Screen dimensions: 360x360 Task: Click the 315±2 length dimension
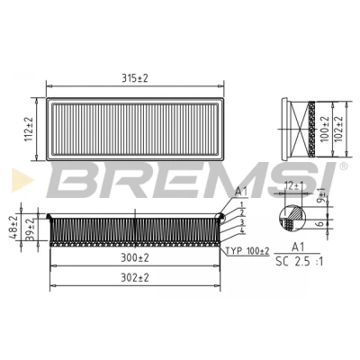tap(135, 78)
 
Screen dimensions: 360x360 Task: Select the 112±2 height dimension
tap(29, 129)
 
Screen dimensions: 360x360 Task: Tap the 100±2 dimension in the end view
tap(325, 129)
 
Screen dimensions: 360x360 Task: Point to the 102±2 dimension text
tap(338, 129)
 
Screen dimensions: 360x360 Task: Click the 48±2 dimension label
tap(13, 228)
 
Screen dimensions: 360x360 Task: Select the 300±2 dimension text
tap(135, 257)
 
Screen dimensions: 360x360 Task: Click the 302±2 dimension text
tap(135, 278)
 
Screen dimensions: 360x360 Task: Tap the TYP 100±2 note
tap(247, 251)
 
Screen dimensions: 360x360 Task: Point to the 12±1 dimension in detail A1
tap(294, 186)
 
